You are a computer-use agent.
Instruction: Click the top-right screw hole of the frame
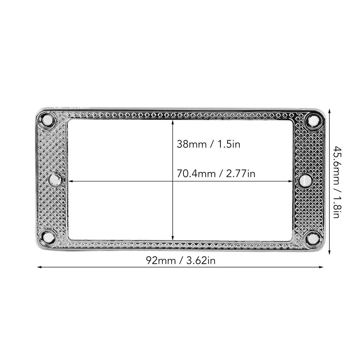312,120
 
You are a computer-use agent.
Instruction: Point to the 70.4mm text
196,173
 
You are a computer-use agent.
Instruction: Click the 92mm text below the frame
161,261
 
